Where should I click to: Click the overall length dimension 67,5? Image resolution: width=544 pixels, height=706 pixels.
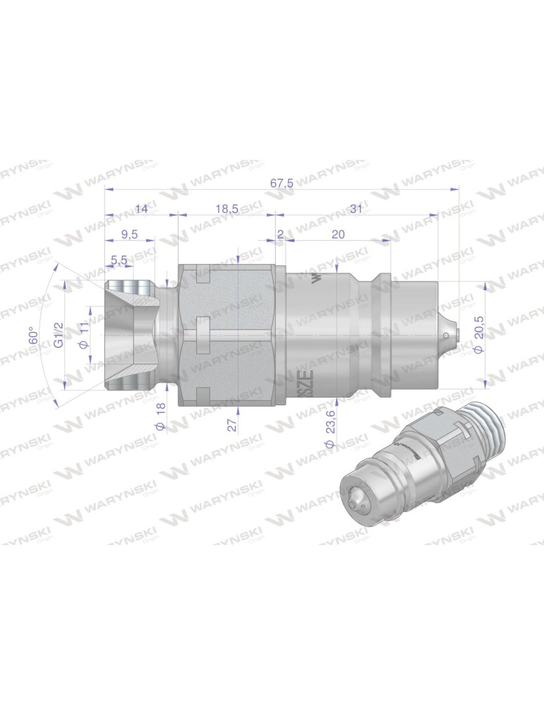pos(282,183)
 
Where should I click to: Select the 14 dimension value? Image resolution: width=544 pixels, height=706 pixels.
pos(142,208)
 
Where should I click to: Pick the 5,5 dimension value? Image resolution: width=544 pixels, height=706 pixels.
pos(119,261)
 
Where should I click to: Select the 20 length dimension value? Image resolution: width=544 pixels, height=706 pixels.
pos(338,234)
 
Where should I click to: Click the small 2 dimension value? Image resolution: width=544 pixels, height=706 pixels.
pos(280,234)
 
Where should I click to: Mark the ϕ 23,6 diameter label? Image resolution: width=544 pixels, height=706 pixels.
pos(330,431)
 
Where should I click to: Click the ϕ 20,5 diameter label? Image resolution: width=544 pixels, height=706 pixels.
pos(479,333)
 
